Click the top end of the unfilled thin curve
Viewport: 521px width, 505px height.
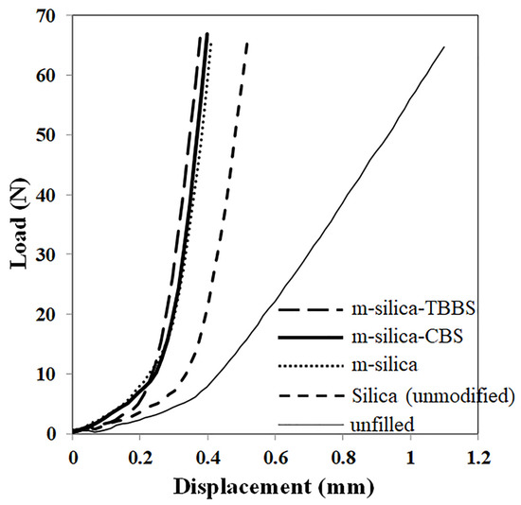tap(443, 47)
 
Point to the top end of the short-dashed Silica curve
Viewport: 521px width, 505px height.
tap(247, 43)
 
